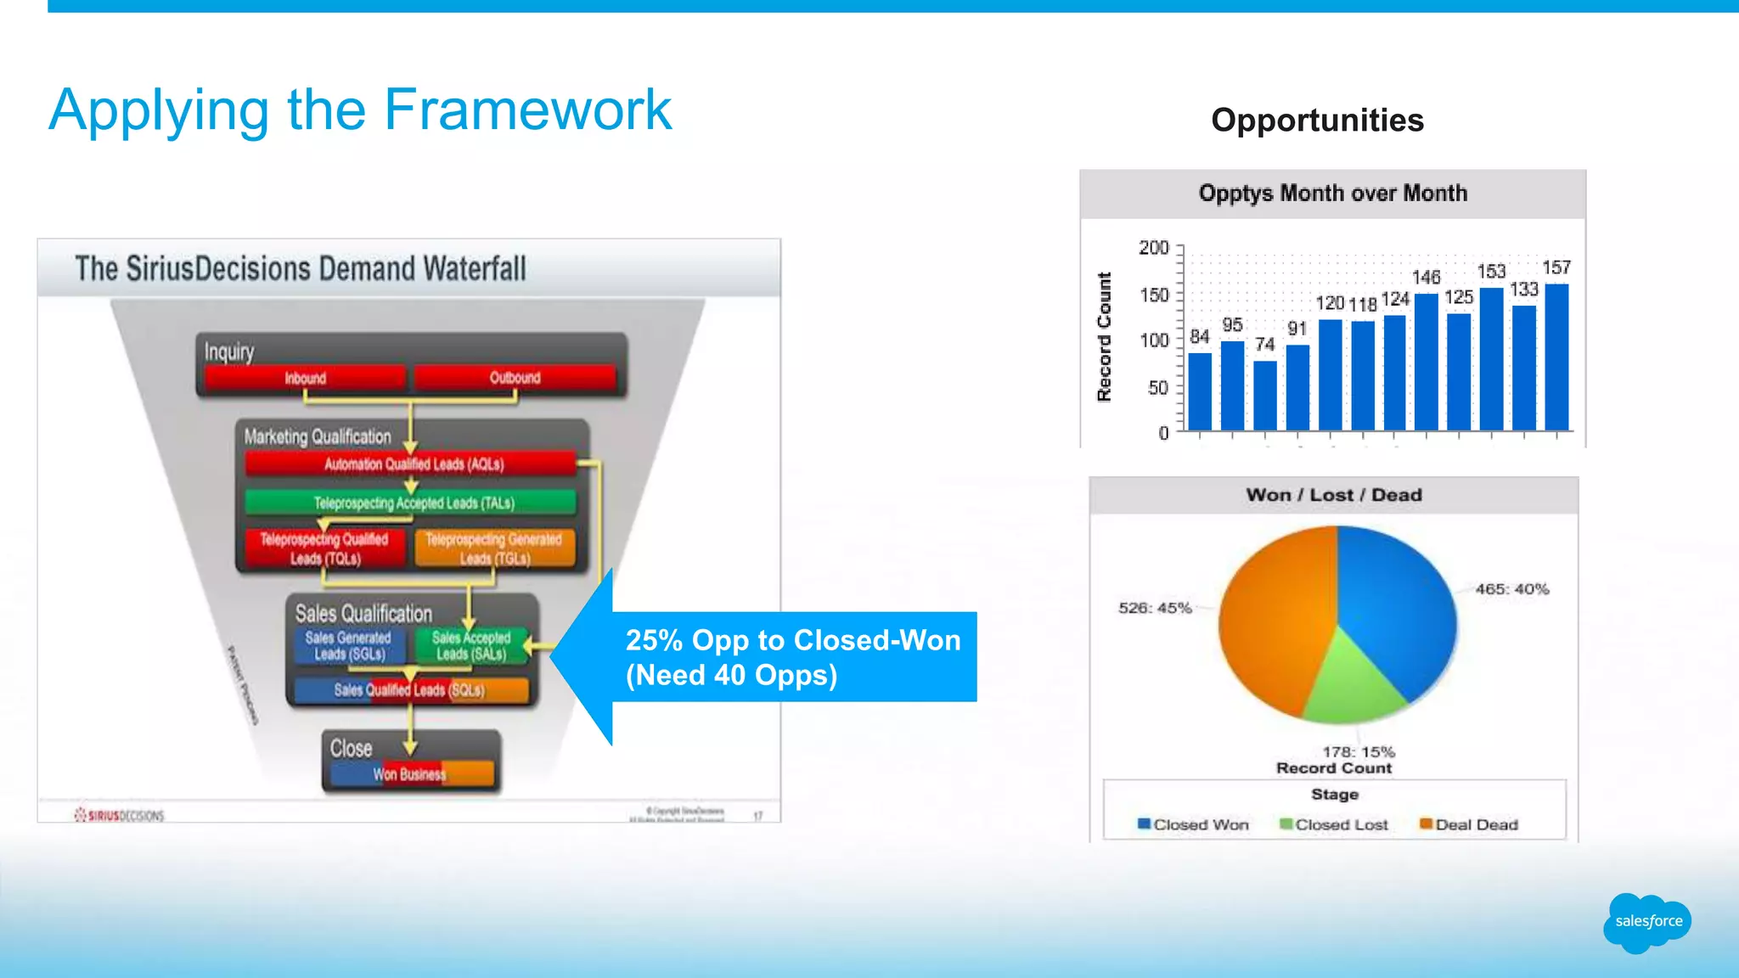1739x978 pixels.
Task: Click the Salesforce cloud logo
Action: (x=1646, y=922)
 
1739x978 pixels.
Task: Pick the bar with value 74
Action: (x=1264, y=395)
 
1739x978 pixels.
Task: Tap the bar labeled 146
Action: (x=1427, y=362)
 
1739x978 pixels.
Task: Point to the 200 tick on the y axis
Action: (x=1154, y=248)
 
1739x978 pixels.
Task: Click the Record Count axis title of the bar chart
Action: (x=1104, y=336)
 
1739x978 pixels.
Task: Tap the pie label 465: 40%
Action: (x=1511, y=589)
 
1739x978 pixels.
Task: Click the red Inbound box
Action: (x=306, y=378)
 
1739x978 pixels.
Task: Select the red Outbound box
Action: (x=515, y=378)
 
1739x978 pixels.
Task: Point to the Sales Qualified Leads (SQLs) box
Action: (x=411, y=690)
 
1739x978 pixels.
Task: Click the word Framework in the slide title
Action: (x=527, y=110)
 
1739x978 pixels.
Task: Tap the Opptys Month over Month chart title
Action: (x=1332, y=194)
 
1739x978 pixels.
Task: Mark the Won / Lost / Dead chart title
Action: (x=1333, y=495)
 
